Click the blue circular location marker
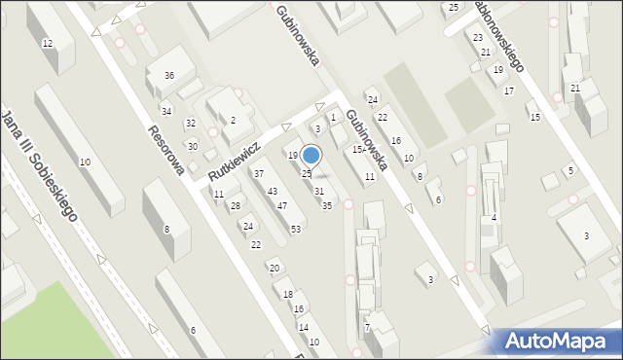311,155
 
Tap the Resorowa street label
165,151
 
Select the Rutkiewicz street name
234,162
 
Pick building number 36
169,76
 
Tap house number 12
47,44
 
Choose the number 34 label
166,112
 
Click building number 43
273,191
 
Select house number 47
282,205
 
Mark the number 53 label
295,228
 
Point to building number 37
259,173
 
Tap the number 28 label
235,205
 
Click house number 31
318,191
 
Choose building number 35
327,205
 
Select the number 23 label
477,37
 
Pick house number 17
509,90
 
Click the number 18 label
287,294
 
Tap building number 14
303,327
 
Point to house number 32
191,123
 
